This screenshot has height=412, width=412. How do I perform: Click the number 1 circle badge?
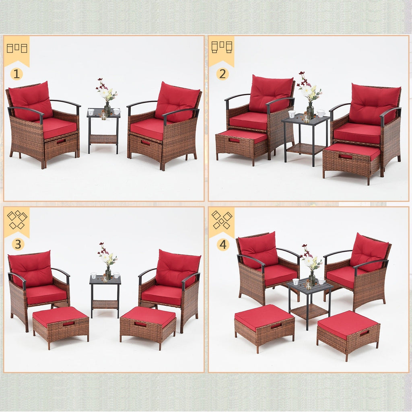(x=16, y=74)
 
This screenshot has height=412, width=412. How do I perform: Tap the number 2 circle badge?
(x=222, y=74)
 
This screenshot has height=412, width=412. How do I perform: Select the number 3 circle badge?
(x=16, y=244)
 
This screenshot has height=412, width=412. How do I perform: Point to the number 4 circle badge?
(x=222, y=244)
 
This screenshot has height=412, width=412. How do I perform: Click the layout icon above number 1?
(x=16, y=48)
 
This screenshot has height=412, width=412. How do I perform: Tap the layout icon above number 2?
(x=222, y=47)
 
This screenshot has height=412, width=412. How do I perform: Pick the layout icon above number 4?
(x=222, y=220)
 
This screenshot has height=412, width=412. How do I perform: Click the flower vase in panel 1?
(x=107, y=108)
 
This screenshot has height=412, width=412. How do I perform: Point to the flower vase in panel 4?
(x=312, y=277)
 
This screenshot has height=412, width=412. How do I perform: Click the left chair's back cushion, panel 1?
(x=31, y=100)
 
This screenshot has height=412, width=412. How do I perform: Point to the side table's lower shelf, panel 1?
(x=103, y=139)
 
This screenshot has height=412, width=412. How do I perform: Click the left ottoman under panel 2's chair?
(x=242, y=144)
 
